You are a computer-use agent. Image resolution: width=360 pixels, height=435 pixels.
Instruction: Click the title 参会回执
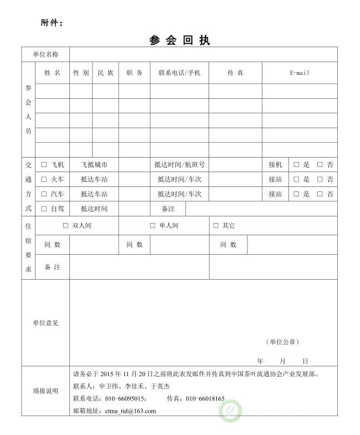180,41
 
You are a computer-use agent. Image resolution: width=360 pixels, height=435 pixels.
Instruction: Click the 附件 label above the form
52,23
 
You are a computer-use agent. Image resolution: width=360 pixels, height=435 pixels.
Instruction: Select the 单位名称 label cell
45,54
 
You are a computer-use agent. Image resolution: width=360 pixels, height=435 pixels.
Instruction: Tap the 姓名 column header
52,73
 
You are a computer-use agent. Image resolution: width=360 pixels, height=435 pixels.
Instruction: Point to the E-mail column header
300,73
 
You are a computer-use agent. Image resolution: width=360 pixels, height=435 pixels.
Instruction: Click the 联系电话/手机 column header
179,73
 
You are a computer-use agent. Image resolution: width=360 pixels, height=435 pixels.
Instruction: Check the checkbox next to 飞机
44,165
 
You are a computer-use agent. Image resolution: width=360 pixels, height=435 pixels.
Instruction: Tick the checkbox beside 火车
44,179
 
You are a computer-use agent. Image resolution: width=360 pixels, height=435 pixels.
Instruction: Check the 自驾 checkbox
44,209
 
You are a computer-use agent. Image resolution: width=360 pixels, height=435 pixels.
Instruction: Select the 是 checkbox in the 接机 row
296,165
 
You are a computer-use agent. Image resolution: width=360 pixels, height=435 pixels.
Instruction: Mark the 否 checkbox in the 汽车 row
320,194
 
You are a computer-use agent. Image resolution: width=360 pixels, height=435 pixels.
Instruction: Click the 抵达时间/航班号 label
179,165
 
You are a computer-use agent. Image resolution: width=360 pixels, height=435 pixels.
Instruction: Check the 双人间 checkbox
65,226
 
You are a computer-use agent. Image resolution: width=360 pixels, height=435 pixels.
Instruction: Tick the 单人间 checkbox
153,226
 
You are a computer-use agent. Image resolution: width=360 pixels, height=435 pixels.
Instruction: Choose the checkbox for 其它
216,226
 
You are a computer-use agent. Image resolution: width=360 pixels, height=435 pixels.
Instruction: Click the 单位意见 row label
45,323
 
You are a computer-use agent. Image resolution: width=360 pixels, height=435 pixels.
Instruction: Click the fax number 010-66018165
205,398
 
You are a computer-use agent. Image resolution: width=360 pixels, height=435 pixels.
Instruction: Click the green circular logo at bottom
230,411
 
